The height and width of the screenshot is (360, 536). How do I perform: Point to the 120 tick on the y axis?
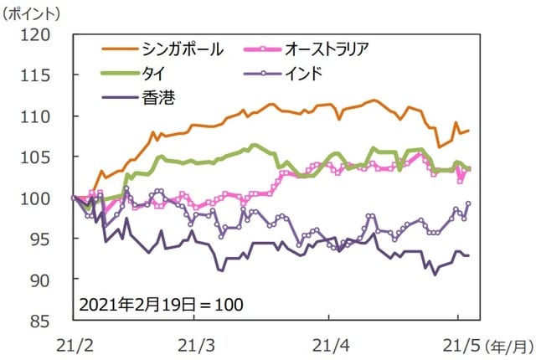point(39,35)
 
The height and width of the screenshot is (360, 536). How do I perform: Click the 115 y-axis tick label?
point(39,76)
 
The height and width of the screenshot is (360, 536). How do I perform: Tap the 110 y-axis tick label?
point(39,116)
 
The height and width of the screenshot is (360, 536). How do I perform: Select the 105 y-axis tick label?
point(39,157)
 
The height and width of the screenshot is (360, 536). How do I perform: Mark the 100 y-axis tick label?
point(39,198)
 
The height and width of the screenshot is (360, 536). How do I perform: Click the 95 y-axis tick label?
point(44,239)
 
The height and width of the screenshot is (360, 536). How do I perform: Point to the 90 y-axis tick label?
point(44,280)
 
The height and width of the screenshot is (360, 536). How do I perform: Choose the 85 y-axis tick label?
point(44,320)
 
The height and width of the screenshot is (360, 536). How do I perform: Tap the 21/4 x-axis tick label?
point(329,343)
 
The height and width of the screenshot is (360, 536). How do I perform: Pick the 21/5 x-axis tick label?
point(457,343)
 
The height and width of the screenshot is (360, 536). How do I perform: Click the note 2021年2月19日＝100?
point(162,302)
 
